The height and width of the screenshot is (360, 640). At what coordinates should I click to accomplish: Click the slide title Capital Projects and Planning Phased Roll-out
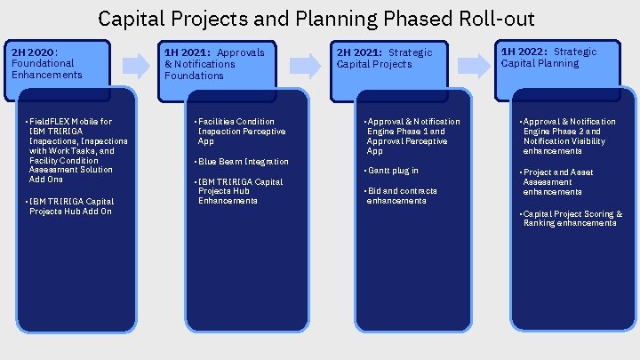pyautogui.click(x=316, y=18)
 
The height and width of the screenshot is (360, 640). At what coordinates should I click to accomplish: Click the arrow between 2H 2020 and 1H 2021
pyautogui.click(x=135, y=64)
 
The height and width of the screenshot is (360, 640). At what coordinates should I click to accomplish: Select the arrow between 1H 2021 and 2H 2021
pyautogui.click(x=304, y=64)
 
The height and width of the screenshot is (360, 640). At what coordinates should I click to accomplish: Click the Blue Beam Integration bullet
pyautogui.click(x=243, y=162)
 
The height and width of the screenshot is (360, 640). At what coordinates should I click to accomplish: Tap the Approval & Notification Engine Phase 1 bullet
pyautogui.click(x=413, y=136)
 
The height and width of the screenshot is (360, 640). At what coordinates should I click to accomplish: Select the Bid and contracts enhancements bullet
pyautogui.click(x=404, y=196)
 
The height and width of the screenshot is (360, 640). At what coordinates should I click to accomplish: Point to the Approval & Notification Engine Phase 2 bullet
pyautogui.click(x=569, y=136)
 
